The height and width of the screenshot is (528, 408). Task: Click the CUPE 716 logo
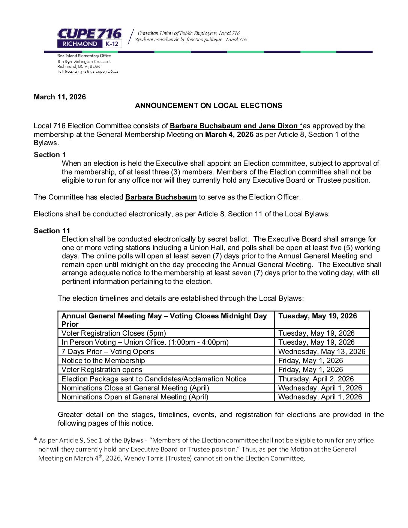(x=90, y=38)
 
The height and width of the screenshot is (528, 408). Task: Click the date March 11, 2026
(x=60, y=97)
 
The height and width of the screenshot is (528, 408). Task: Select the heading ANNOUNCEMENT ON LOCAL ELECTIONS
(x=208, y=106)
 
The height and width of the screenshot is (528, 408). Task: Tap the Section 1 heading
(x=50, y=155)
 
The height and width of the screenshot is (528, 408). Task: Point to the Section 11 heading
(x=52, y=231)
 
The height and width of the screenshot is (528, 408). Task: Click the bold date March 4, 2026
(x=229, y=135)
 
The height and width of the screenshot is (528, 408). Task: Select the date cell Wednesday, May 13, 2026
(x=321, y=352)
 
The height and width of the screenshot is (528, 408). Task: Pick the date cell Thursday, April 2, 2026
(x=316, y=379)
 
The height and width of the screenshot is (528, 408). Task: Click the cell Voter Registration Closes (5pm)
(x=114, y=333)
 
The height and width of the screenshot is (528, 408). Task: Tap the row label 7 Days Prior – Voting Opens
(x=108, y=352)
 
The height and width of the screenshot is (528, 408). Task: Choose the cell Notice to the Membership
(x=103, y=361)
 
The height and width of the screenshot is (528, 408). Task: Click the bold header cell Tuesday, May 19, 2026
(x=317, y=316)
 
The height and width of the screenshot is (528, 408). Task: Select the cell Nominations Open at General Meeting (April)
(x=135, y=397)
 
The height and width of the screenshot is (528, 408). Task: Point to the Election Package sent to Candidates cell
(x=154, y=379)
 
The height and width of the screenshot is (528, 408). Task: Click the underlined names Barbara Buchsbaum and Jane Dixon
(x=236, y=126)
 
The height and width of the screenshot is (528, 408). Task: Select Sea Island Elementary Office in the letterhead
(x=84, y=56)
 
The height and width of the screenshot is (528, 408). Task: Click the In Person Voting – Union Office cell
(x=145, y=342)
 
